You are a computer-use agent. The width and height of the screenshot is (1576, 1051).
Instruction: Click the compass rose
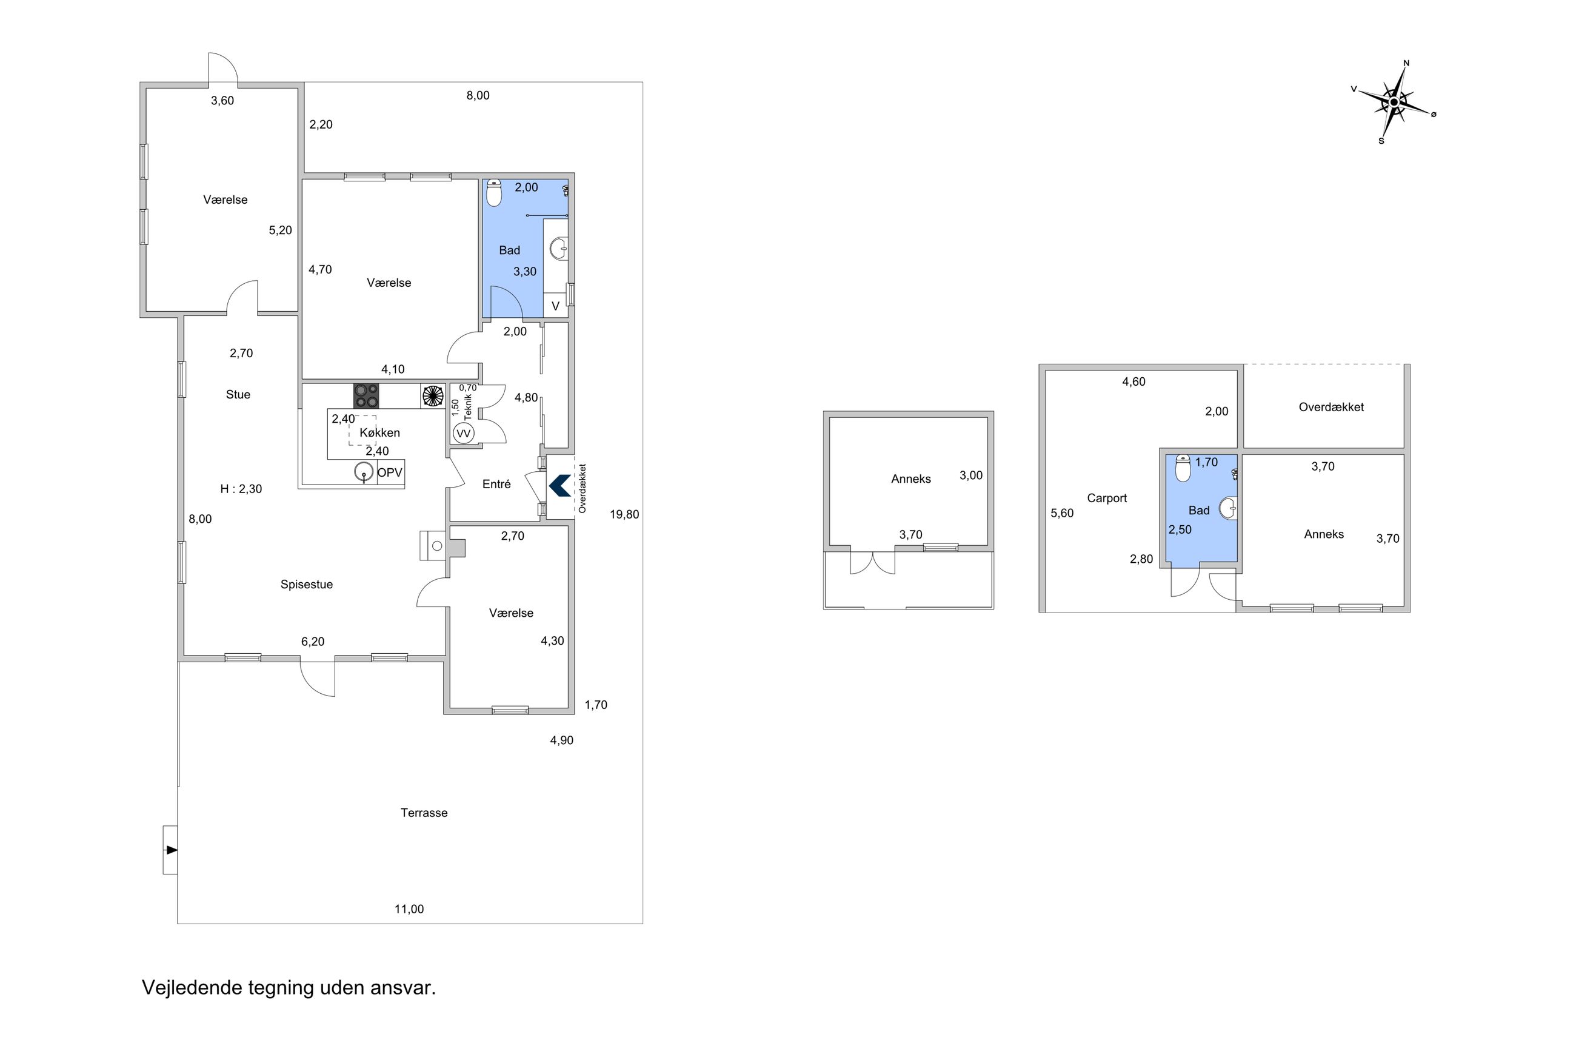tap(1393, 102)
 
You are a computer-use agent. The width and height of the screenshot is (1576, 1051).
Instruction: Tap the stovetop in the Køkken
tap(366, 395)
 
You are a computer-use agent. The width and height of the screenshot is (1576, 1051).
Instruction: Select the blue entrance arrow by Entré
tap(559, 486)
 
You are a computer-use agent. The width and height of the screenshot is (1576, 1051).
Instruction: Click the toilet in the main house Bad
tap(493, 193)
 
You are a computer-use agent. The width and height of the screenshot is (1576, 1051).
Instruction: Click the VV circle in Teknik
tap(464, 434)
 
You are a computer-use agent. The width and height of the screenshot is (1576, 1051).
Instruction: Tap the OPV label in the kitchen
tap(390, 472)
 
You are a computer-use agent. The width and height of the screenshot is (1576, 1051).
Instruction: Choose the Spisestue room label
tap(307, 585)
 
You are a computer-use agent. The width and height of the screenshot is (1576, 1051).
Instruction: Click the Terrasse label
tap(424, 813)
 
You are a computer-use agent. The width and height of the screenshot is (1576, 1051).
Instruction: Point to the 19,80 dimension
tap(624, 515)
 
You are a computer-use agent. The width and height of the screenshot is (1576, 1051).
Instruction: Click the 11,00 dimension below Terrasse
tap(409, 910)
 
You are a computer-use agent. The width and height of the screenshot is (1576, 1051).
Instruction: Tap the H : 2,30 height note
tap(241, 489)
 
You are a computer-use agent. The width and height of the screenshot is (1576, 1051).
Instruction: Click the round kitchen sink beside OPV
tap(364, 472)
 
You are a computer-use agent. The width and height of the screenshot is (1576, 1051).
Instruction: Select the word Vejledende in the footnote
tap(192, 988)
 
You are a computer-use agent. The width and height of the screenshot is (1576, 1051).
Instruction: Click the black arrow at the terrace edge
tap(172, 850)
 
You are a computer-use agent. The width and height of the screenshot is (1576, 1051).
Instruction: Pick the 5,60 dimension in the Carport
tap(1061, 514)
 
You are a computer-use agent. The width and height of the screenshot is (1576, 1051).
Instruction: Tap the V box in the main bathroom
tap(555, 306)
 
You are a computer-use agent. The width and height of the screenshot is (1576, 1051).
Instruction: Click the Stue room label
tap(238, 395)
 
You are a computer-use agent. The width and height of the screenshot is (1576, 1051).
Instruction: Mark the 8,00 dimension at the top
tap(478, 96)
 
